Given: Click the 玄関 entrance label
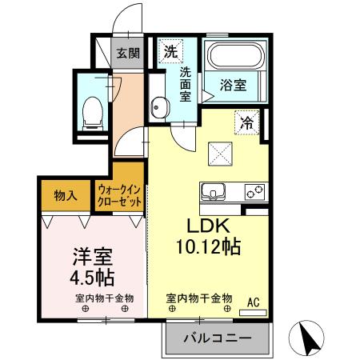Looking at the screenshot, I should coord(127,54).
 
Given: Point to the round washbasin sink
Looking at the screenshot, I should coord(158,106).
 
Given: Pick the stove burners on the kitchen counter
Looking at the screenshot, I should coord(255,192).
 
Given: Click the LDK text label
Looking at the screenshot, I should coord(210,225).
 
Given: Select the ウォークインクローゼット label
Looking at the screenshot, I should coord(119,195).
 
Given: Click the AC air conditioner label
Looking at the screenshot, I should coord(252,302).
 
